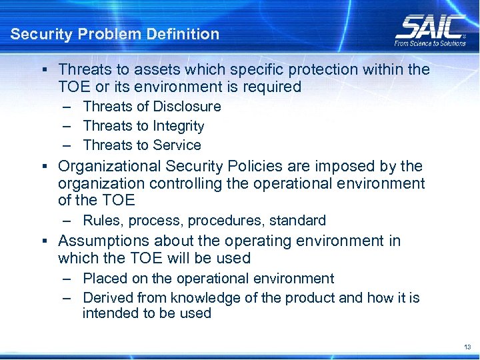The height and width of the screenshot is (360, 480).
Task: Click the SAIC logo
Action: (430, 27)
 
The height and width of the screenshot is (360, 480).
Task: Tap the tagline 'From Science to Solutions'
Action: (430, 43)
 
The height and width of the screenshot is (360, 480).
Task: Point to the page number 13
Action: (466, 347)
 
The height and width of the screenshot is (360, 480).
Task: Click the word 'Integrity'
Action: (179, 126)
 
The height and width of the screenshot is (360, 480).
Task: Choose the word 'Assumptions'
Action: (101, 241)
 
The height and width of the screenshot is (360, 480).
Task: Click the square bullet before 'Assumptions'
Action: (42, 241)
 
